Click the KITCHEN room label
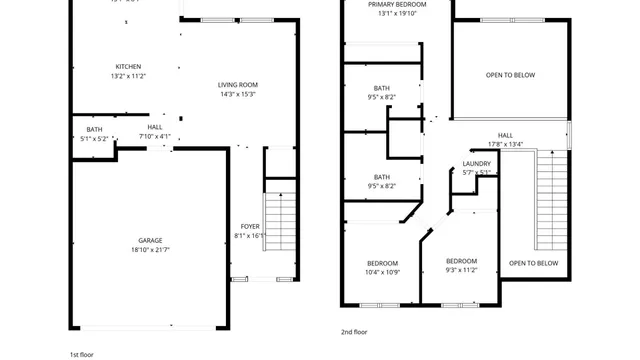pyautogui.click(x=128, y=67)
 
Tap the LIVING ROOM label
pyautogui.click(x=239, y=85)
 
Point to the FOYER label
pyautogui.click(x=250, y=227)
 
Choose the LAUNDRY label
pyautogui.click(x=476, y=164)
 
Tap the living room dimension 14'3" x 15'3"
pyautogui.click(x=239, y=94)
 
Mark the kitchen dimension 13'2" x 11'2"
pyautogui.click(x=128, y=76)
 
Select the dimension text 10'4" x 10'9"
pyautogui.click(x=382, y=272)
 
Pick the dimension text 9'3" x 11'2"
pyautogui.click(x=462, y=270)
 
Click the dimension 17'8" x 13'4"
pyautogui.click(x=505, y=143)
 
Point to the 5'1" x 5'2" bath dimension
pyautogui.click(x=94, y=138)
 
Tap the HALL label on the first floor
pyautogui.click(x=155, y=128)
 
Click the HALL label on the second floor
pyautogui.click(x=505, y=134)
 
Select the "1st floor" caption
pyautogui.click(x=82, y=354)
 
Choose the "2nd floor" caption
pyautogui.click(x=354, y=331)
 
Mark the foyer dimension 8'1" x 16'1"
pyautogui.click(x=250, y=236)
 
